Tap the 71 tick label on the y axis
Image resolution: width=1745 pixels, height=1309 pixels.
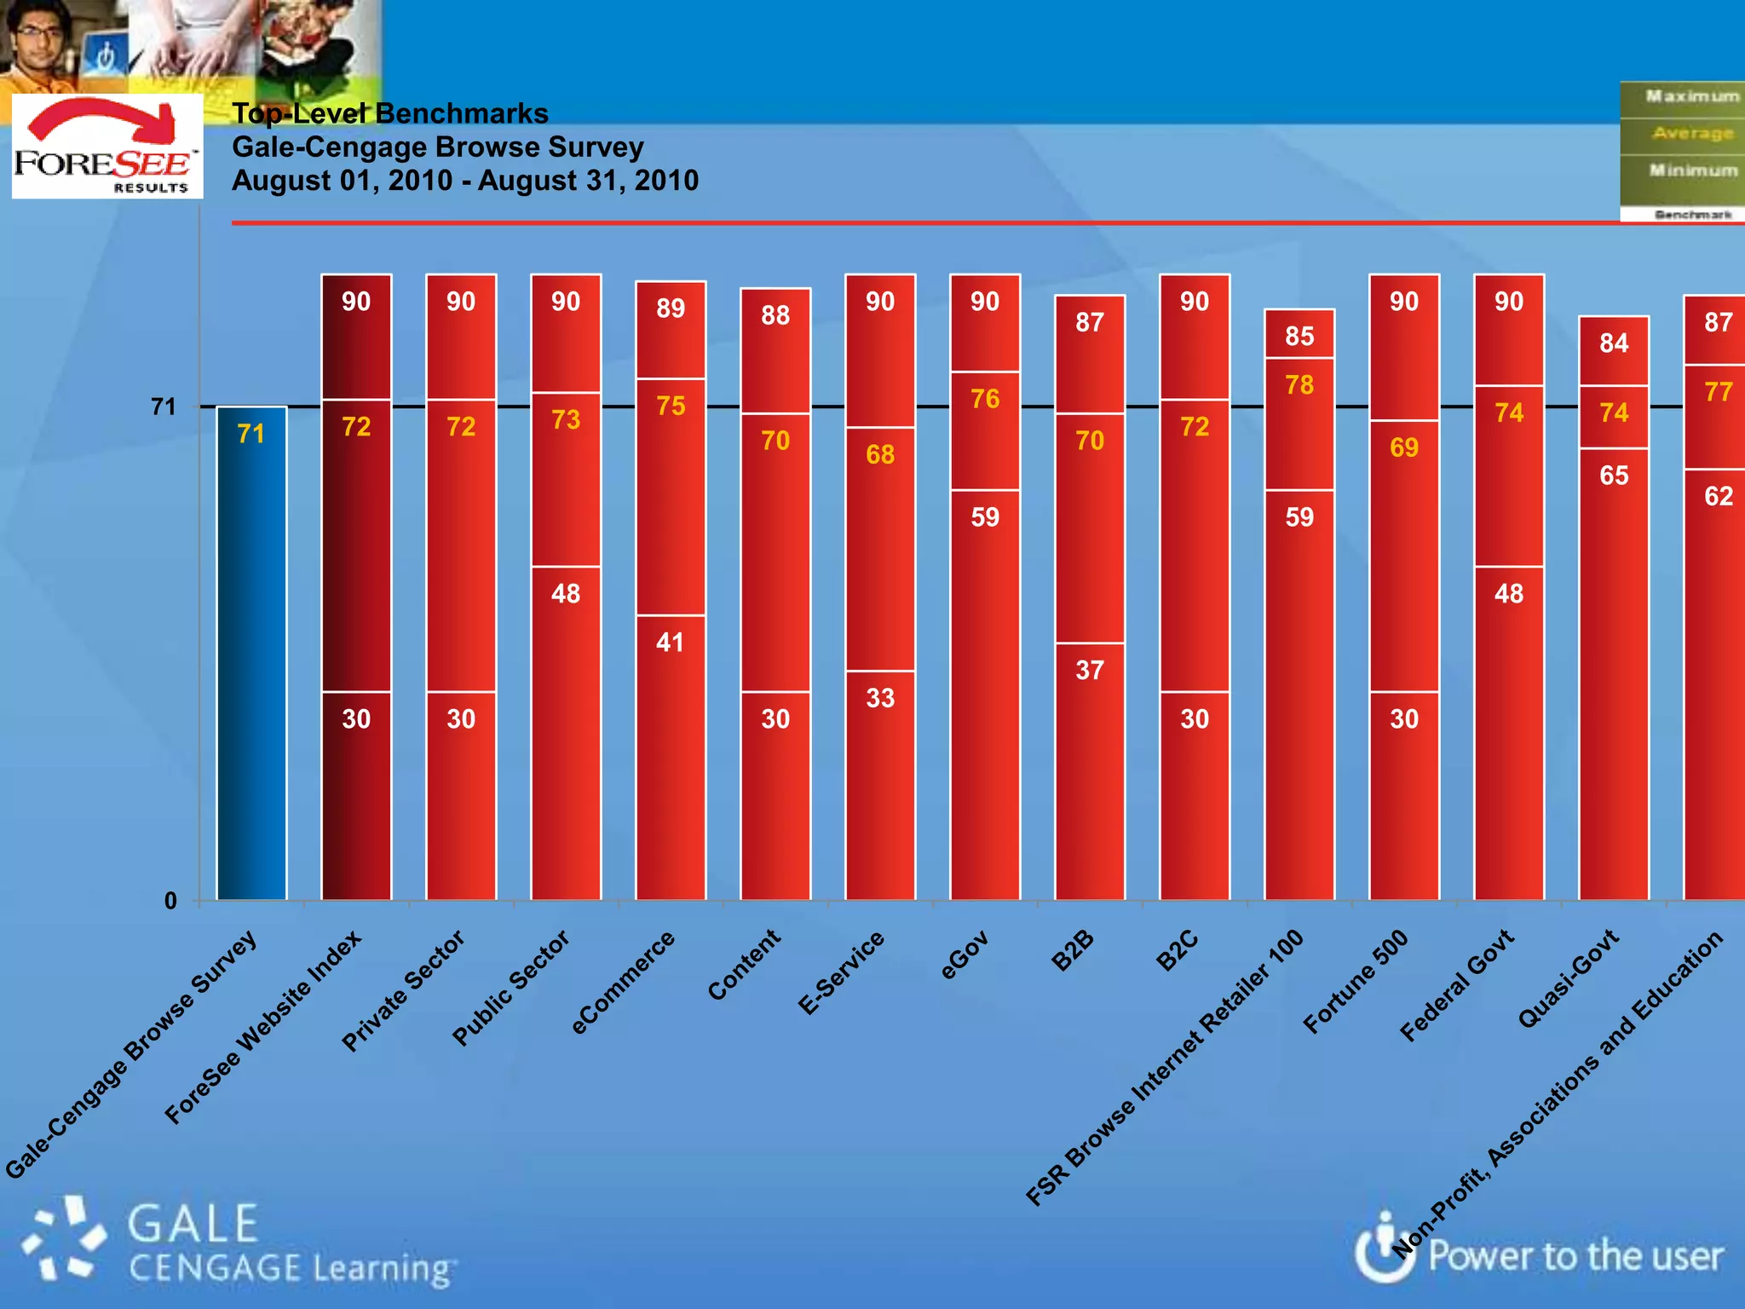click(163, 407)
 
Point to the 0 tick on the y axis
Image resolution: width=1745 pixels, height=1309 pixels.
click(170, 901)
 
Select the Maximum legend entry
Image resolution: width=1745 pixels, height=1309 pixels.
click(1691, 96)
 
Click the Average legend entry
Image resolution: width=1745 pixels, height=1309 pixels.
click(1692, 134)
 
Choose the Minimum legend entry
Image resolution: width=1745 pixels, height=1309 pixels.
click(1692, 170)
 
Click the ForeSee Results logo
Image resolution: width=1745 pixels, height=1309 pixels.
click(107, 147)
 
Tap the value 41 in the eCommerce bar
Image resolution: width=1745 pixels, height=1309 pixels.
click(670, 642)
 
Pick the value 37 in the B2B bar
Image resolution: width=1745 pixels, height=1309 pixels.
click(1089, 670)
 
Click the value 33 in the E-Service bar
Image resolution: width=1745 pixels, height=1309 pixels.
click(880, 698)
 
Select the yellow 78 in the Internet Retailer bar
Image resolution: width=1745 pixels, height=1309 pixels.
click(1299, 384)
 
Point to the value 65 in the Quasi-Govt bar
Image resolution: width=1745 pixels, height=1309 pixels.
click(1613, 475)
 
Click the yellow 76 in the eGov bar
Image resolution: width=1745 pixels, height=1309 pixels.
click(984, 399)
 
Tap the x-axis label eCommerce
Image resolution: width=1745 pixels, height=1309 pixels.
click(623, 983)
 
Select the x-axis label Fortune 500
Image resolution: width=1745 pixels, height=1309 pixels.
click(1356, 982)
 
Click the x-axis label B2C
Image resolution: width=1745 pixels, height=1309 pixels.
click(1178, 952)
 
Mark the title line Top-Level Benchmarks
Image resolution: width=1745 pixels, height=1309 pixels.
click(390, 113)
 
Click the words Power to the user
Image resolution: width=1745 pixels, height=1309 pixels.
click(1575, 1256)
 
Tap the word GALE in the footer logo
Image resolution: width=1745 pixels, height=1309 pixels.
click(193, 1224)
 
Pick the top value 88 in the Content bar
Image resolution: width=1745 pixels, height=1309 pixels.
click(775, 315)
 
